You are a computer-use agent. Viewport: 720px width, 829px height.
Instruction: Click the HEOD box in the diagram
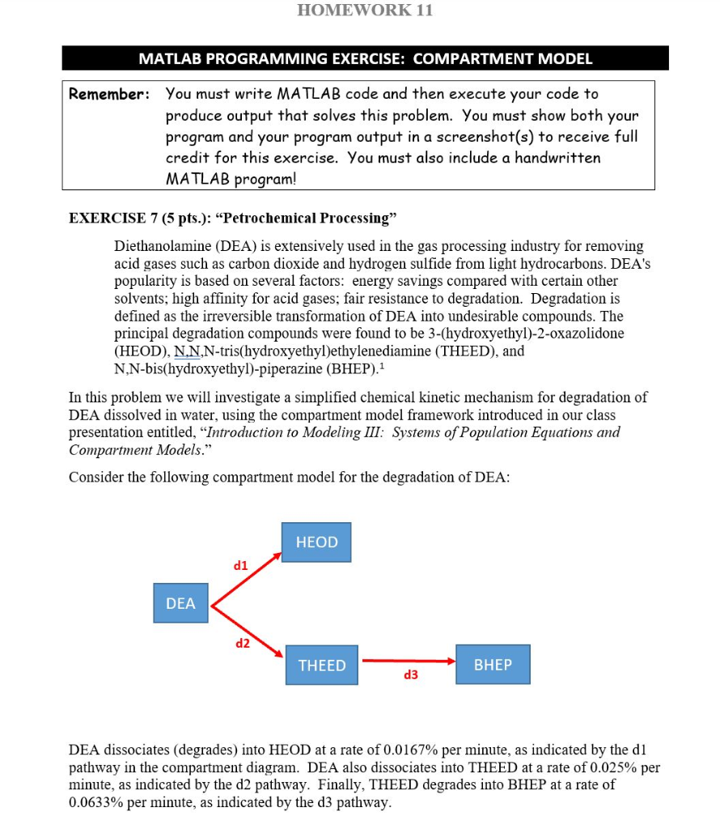coord(317,542)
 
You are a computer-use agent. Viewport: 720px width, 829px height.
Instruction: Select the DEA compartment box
coord(180,603)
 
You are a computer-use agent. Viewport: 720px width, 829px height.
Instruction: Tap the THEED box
coord(322,665)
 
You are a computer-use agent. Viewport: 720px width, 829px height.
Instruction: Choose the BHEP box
coord(493,665)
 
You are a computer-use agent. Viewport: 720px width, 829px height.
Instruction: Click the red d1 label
coord(241,566)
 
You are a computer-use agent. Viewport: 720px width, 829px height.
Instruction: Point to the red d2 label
coord(243,644)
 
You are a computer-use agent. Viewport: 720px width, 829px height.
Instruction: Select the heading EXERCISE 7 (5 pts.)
coord(150,219)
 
